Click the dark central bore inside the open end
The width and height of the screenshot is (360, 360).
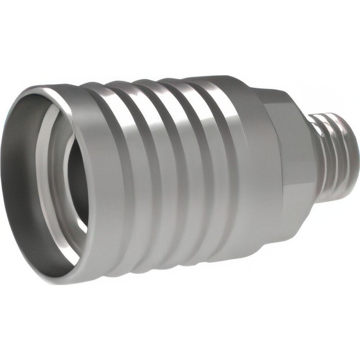(77, 180)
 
